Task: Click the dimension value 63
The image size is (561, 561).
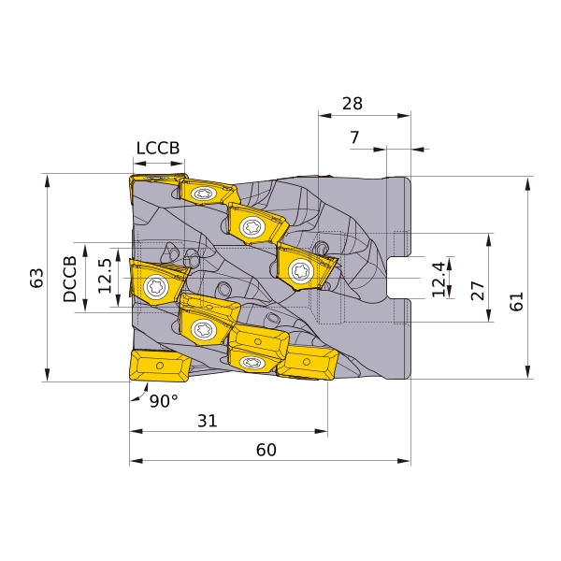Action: coord(36,278)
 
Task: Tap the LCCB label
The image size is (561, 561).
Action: coord(158,148)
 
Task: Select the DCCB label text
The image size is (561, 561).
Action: coord(70,279)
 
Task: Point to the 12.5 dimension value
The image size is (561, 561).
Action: coord(105,276)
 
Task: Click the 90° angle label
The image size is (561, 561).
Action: coord(164,401)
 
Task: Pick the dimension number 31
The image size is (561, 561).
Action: coord(208,421)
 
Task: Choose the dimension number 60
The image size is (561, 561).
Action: coord(266,450)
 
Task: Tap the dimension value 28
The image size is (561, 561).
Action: coord(352,104)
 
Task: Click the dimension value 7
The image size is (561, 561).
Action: coord(354,137)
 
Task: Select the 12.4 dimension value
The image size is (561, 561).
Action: coord(439,280)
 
